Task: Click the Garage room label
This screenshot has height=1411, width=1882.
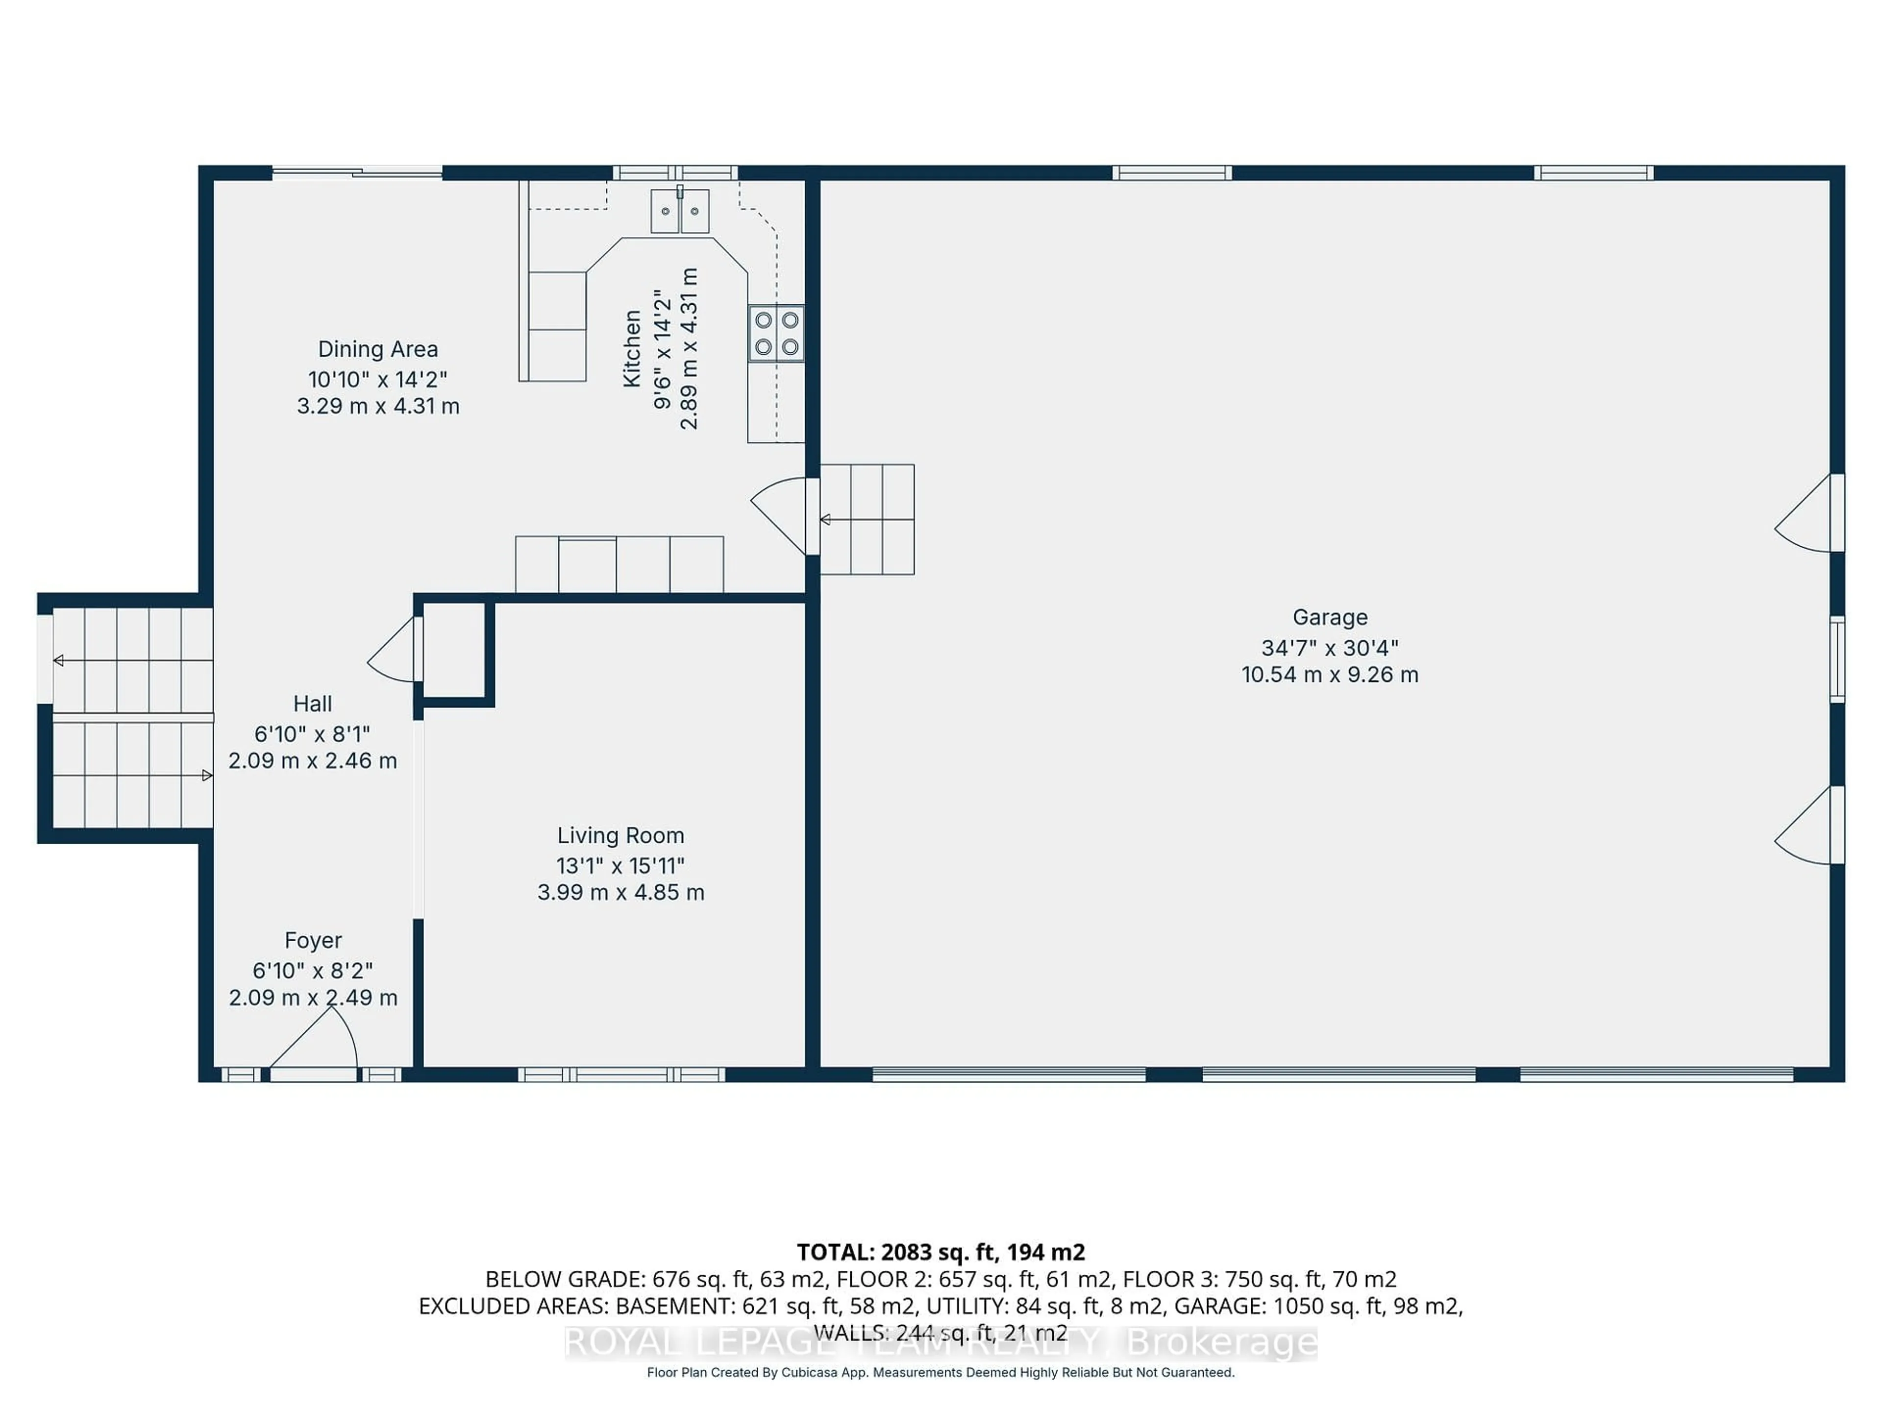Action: coord(1330,617)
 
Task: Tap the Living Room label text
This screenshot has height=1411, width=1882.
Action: coord(620,836)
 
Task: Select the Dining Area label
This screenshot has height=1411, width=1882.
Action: coord(378,349)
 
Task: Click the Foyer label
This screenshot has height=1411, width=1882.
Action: coord(313,941)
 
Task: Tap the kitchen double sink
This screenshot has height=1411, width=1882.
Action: coord(680,211)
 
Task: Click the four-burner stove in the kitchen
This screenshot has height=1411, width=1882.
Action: coord(776,334)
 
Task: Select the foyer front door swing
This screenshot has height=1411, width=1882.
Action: coord(315,1042)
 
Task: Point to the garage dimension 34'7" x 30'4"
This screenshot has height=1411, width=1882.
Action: coord(1330,648)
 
